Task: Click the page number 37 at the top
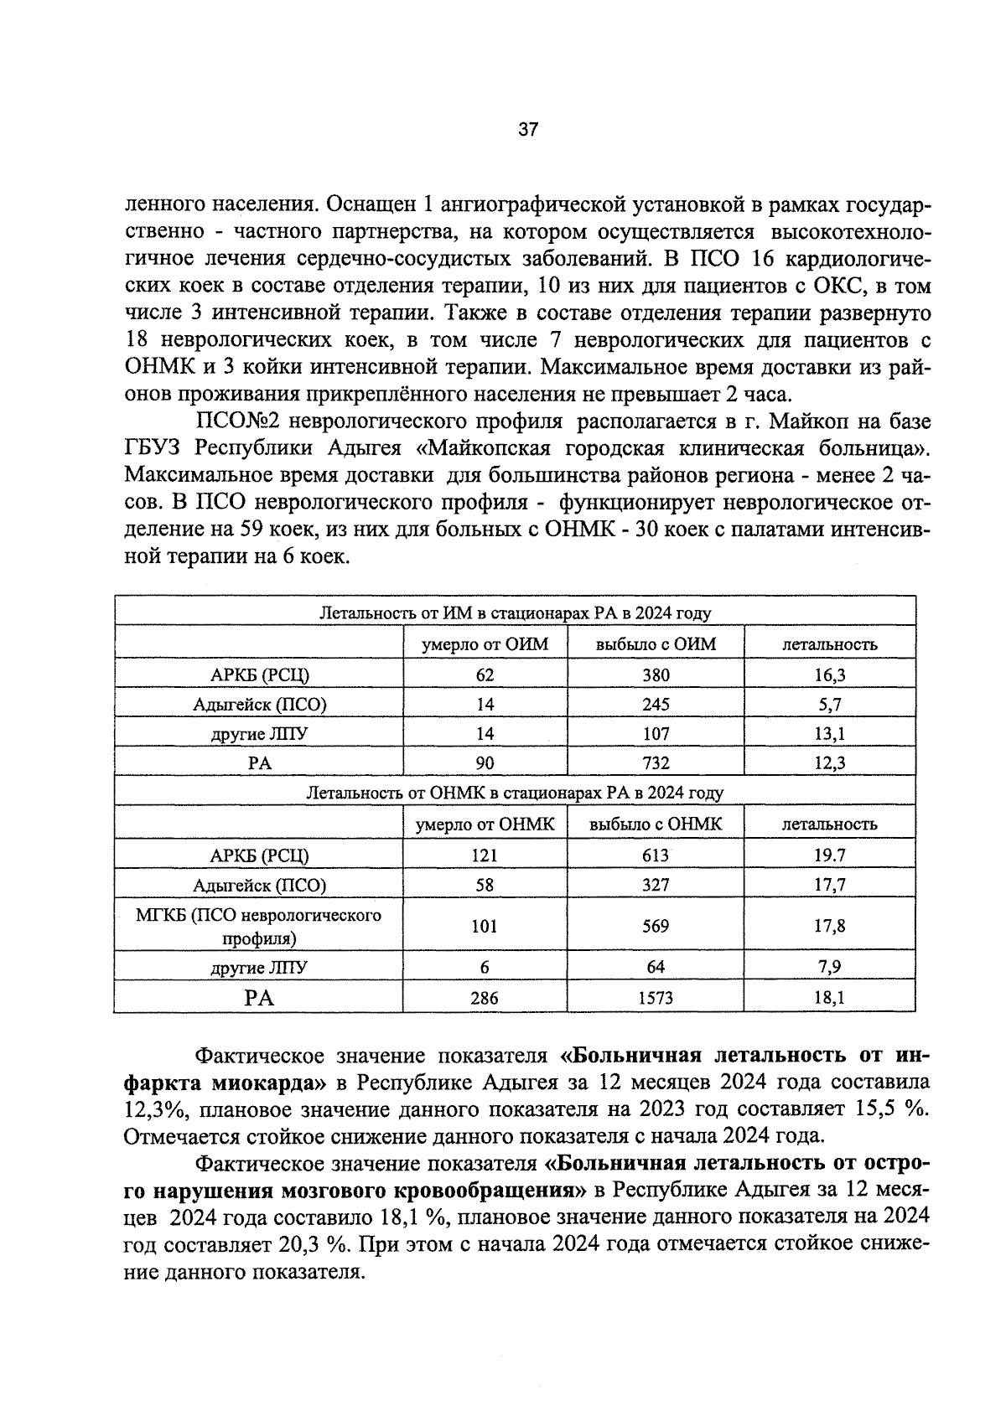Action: (528, 129)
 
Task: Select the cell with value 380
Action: (656, 675)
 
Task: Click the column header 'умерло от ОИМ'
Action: (485, 644)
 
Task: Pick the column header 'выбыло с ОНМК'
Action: (656, 824)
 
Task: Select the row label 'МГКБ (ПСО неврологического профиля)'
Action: (258, 926)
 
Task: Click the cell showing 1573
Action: (656, 998)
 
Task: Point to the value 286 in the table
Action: (485, 998)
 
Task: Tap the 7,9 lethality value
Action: (830, 967)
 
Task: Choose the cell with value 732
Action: (656, 762)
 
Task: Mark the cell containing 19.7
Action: (830, 855)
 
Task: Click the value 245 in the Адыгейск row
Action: (656, 705)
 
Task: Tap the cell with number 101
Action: (485, 926)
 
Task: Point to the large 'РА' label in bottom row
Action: (259, 998)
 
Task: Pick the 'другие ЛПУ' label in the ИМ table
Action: (259, 734)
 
